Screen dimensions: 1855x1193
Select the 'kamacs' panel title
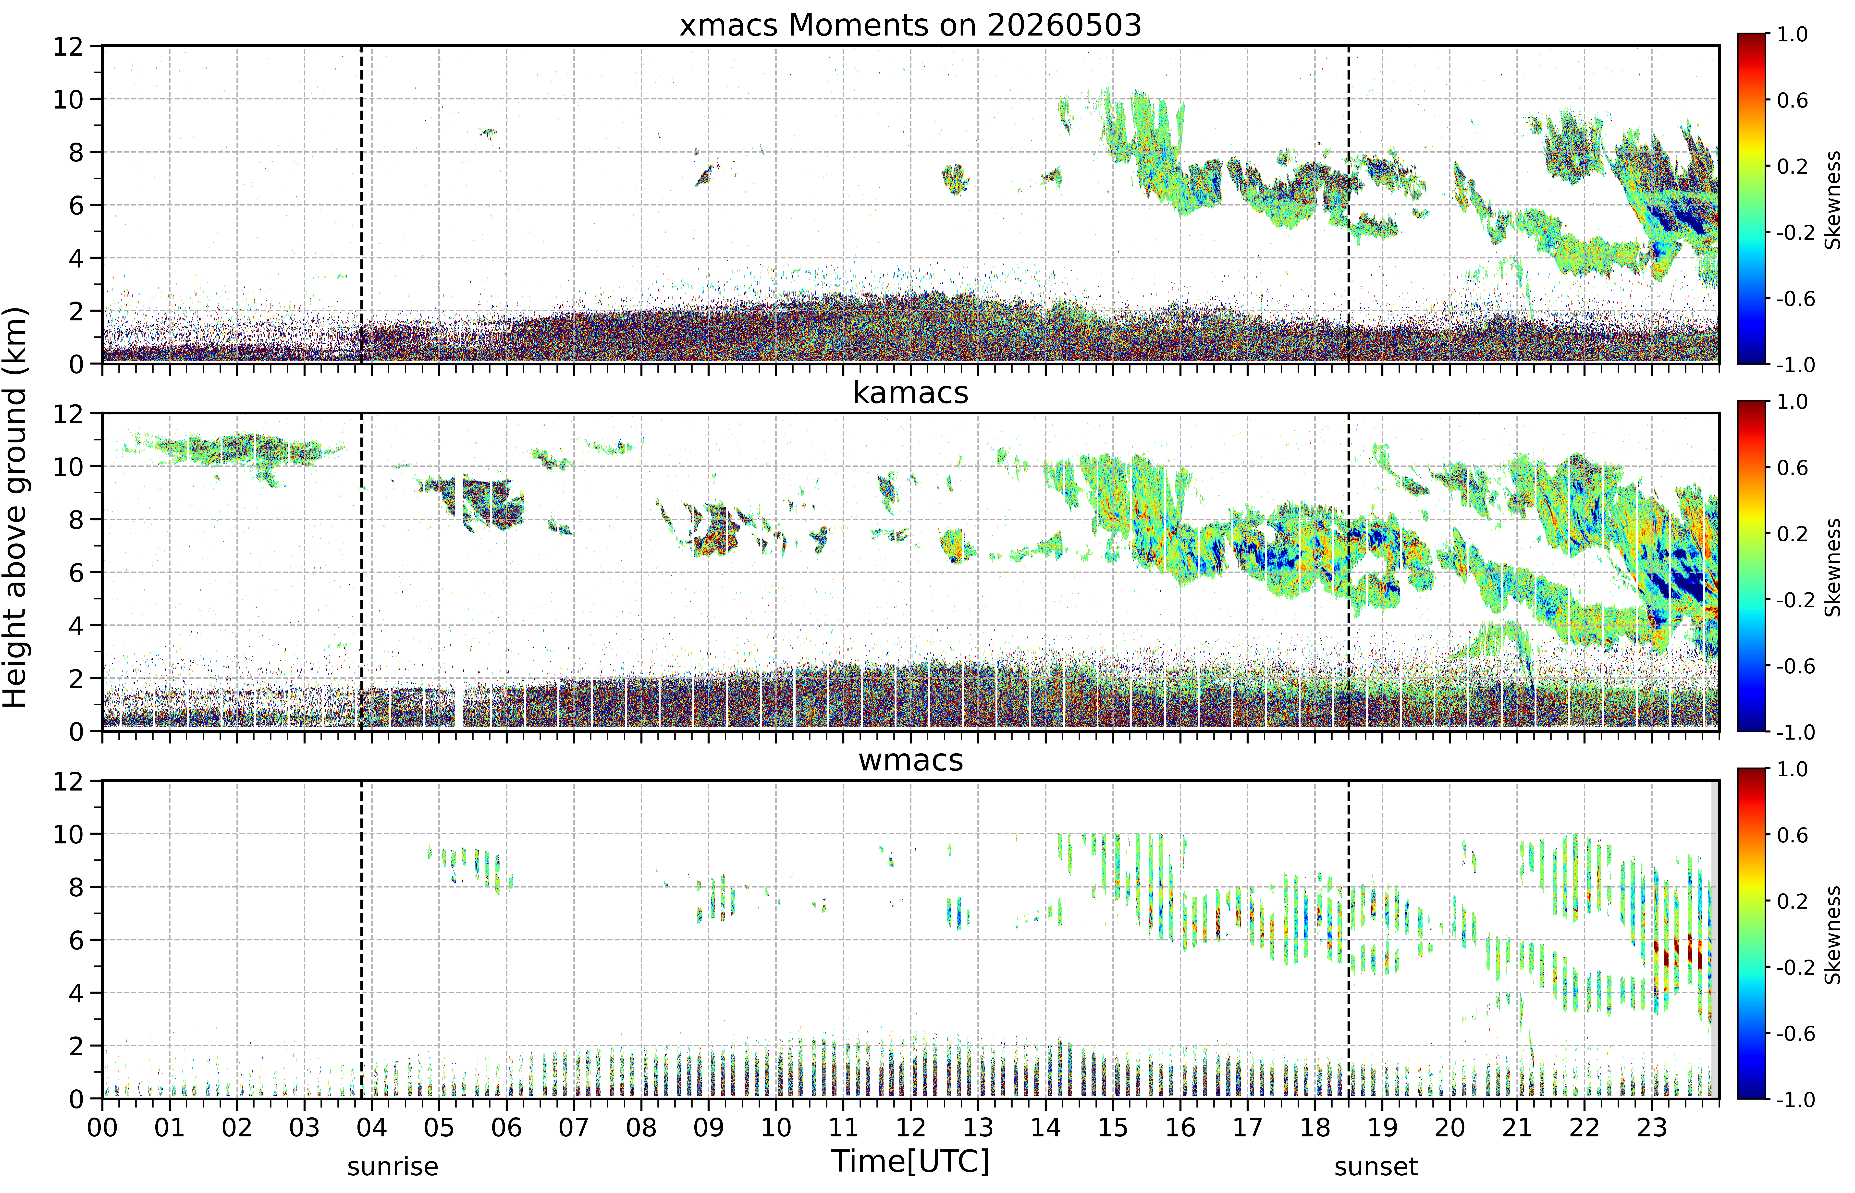pos(910,393)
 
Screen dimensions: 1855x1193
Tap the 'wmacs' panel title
pos(910,760)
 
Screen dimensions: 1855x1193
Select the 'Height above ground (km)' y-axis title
pos(15,507)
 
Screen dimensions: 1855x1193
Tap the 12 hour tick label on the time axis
pos(910,1127)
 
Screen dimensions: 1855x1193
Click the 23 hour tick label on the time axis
pos(1651,1127)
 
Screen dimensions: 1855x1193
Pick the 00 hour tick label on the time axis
pos(102,1127)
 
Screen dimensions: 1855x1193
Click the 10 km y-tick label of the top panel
pos(68,99)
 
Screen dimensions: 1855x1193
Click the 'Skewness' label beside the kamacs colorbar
pos(1832,567)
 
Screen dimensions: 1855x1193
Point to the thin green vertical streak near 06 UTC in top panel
pos(501,178)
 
